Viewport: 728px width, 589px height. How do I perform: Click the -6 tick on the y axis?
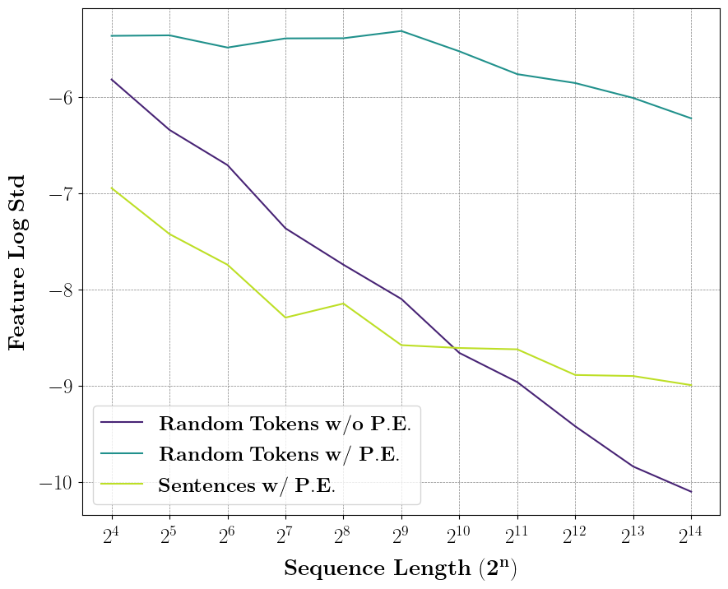[59, 97]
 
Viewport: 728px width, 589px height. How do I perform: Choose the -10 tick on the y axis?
[56, 482]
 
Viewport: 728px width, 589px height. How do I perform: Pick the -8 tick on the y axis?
[59, 290]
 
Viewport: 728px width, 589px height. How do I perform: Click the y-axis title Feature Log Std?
[18, 262]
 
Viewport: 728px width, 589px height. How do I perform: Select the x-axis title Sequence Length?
[401, 568]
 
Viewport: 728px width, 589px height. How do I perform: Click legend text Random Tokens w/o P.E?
[284, 424]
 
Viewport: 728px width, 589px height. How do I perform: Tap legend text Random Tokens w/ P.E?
[279, 454]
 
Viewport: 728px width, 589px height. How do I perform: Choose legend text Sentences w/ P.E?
[247, 485]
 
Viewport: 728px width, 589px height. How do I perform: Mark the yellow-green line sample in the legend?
[122, 485]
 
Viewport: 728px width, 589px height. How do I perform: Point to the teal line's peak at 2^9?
[401, 31]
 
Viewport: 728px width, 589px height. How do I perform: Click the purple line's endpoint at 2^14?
[691, 492]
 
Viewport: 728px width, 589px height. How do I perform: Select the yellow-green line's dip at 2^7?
[285, 318]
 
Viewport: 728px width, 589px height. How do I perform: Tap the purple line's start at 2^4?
[111, 79]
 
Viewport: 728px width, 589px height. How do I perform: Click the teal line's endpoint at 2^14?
[691, 118]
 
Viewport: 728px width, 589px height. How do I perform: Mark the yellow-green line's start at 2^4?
[111, 188]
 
